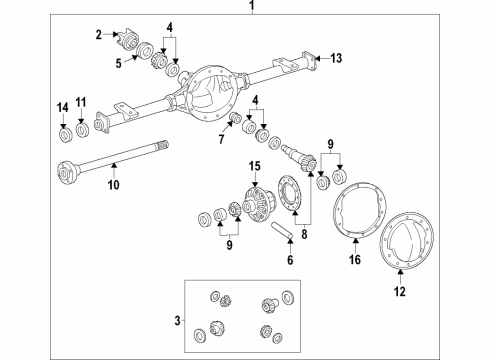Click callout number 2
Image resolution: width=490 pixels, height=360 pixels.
click(x=99, y=35)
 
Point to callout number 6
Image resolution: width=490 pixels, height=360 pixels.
click(x=290, y=262)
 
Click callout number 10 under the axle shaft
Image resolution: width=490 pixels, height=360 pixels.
click(x=113, y=185)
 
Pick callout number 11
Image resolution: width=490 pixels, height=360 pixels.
click(x=83, y=103)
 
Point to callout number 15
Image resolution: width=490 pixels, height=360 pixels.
click(x=254, y=164)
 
